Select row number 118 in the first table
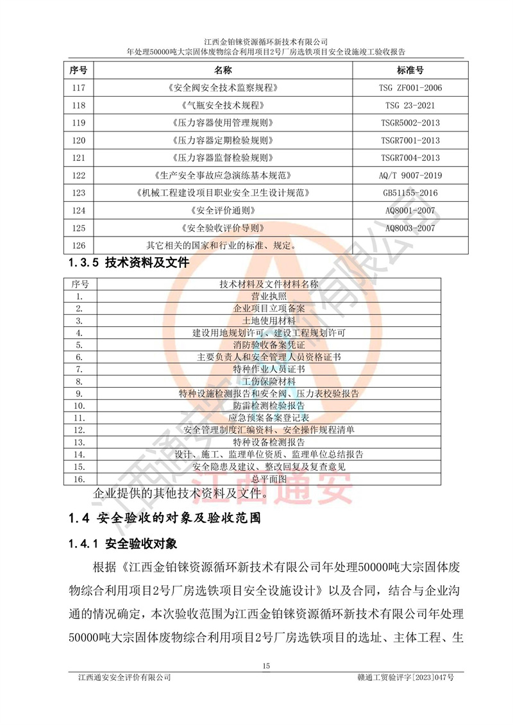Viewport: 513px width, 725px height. [80, 105]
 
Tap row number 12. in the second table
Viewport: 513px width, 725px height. [80, 429]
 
